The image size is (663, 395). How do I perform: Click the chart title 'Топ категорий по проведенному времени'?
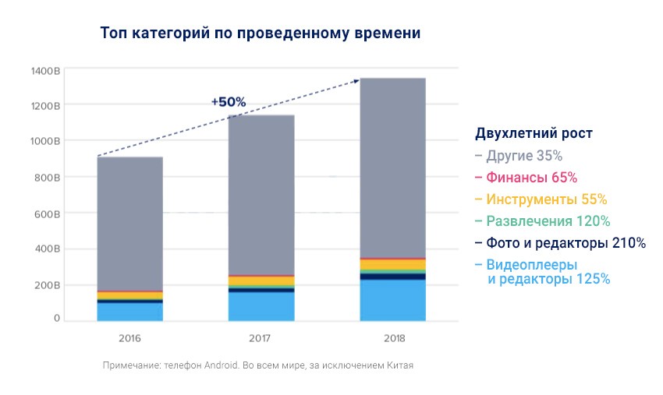pyautogui.click(x=261, y=34)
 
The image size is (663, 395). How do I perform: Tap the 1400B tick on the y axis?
pyautogui.click(x=46, y=71)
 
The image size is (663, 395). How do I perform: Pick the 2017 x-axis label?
pyautogui.click(x=261, y=338)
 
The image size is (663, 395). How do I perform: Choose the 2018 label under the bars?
pyautogui.click(x=392, y=338)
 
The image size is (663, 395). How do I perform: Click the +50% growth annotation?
pyautogui.click(x=228, y=102)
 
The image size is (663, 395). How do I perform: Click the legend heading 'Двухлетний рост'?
pyautogui.click(x=534, y=133)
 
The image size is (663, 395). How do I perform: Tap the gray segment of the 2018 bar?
pyautogui.click(x=392, y=168)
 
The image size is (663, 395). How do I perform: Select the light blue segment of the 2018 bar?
pyautogui.click(x=392, y=300)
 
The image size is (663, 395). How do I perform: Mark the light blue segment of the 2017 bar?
pyautogui.click(x=261, y=306)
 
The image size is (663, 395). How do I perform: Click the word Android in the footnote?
pyautogui.click(x=234, y=365)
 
